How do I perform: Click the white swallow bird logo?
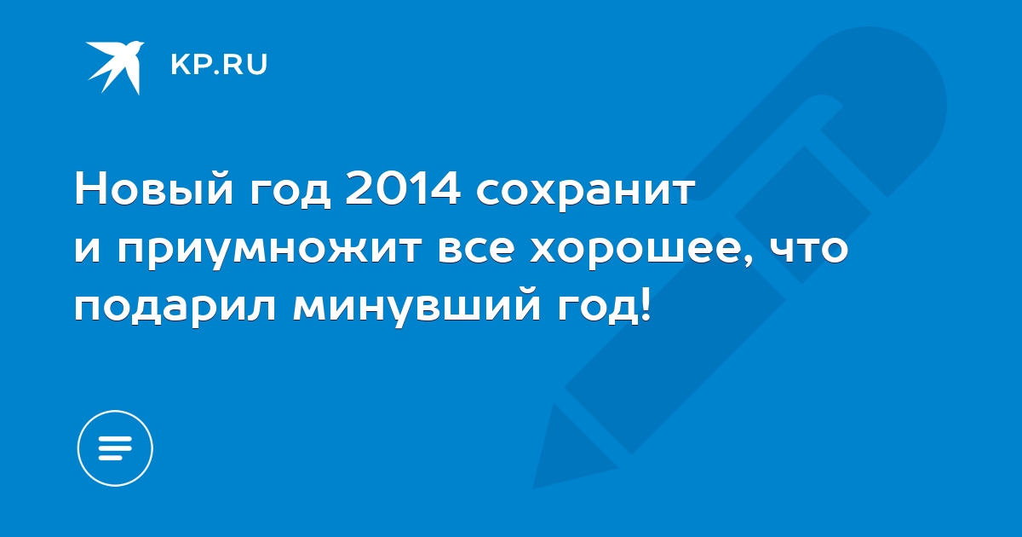115,67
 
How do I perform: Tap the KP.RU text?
219,65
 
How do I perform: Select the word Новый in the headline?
154,189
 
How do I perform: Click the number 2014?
402,188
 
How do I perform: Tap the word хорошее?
634,252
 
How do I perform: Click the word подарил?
175,309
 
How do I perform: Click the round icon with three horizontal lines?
115,448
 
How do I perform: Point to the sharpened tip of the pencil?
535,488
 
